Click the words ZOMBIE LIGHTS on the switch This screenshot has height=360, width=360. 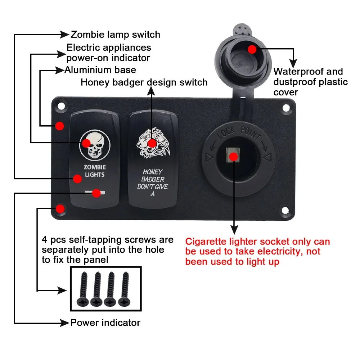[x=94, y=171]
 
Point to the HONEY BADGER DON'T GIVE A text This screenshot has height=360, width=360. [x=152, y=183]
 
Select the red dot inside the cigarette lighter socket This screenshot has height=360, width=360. [x=233, y=157]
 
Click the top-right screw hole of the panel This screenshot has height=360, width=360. [x=285, y=107]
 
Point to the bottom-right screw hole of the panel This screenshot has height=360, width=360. [x=285, y=210]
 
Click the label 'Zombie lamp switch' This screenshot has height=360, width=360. [x=115, y=35]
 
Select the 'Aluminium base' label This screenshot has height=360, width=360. [x=100, y=70]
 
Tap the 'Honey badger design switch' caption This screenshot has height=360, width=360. [x=144, y=82]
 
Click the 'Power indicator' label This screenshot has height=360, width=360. [x=105, y=322]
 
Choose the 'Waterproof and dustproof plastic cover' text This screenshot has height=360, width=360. [x=310, y=82]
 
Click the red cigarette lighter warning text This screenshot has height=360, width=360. [x=257, y=251]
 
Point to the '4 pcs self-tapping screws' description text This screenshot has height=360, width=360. [x=107, y=249]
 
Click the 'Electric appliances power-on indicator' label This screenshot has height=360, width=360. [x=109, y=52]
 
